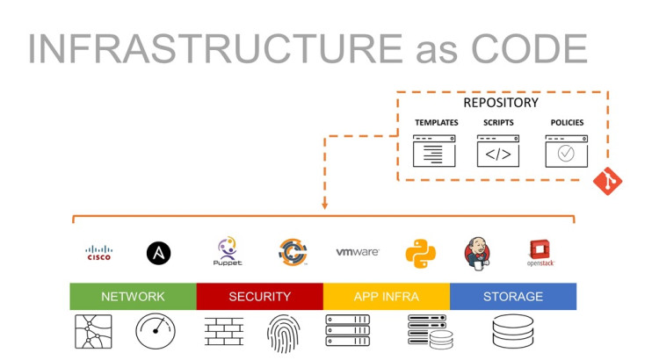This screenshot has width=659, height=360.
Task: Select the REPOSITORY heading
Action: [501, 103]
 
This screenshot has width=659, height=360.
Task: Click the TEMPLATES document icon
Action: [435, 151]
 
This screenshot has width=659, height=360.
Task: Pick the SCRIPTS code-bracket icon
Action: [497, 151]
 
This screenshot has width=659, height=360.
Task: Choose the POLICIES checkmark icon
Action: [566, 151]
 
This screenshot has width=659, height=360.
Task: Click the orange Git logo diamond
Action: [607, 181]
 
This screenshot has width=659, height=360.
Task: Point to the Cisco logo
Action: [99, 253]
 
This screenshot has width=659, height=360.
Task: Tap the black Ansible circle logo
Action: [158, 253]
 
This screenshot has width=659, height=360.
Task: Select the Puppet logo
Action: [227, 251]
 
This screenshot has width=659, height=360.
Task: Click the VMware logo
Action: [357, 252]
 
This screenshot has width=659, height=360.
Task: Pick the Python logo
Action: [420, 253]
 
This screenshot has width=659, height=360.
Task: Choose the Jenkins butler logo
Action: [476, 253]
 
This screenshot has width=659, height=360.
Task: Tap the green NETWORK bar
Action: [133, 297]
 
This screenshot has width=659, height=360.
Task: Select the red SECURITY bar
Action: [259, 297]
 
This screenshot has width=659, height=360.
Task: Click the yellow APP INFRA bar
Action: [386, 297]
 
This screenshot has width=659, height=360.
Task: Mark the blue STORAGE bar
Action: [512, 297]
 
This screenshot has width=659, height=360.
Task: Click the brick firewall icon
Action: [223, 332]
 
